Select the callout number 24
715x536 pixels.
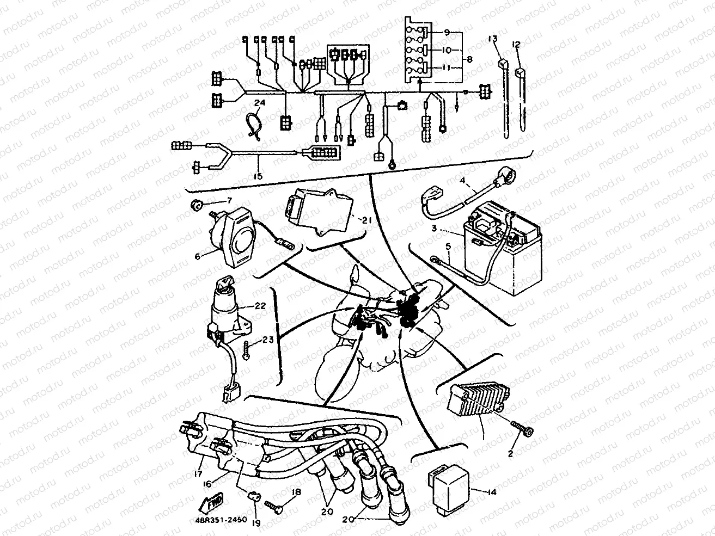point(258,102)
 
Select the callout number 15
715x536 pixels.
point(258,176)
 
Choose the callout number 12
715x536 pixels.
point(516,44)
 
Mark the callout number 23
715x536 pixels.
point(267,340)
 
